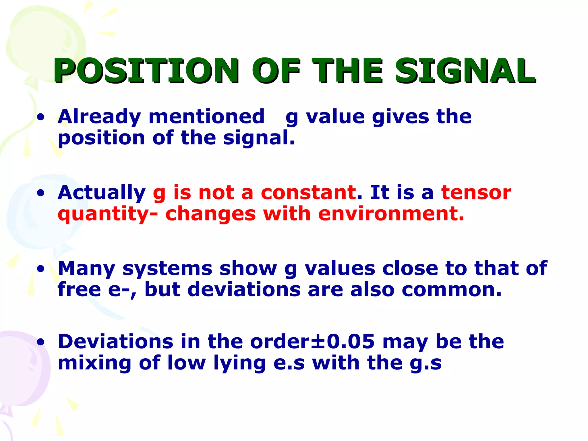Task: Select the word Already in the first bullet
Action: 99,117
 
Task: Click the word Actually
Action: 101,193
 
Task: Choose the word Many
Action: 86,269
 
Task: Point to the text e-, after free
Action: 122,290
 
